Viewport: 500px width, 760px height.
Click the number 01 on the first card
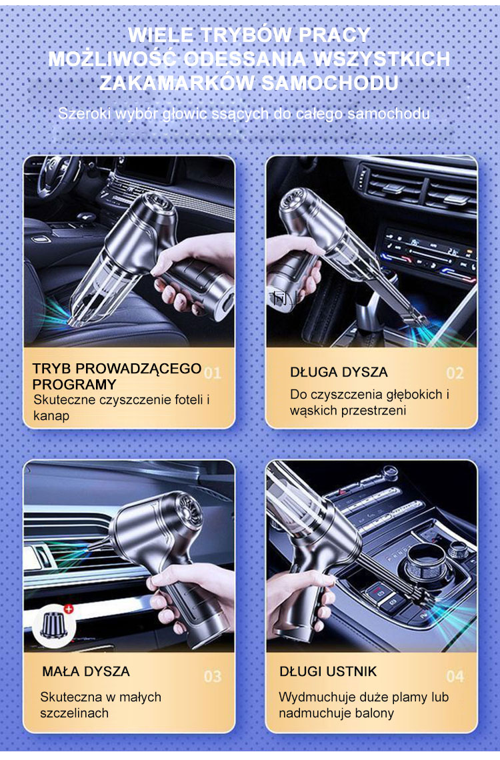pyautogui.click(x=212, y=373)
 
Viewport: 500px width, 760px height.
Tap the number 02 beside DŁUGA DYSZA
pyautogui.click(x=455, y=373)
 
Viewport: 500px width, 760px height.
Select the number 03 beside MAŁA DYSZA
pyautogui.click(x=212, y=676)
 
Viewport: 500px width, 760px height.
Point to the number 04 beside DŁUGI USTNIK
pyautogui.click(x=455, y=676)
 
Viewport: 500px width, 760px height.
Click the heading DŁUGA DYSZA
pyautogui.click(x=339, y=372)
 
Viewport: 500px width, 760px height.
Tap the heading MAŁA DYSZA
pyautogui.click(x=86, y=671)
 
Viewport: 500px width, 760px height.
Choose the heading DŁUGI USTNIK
pyautogui.click(x=328, y=671)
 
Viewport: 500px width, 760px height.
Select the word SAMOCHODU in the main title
pyautogui.click(x=330, y=83)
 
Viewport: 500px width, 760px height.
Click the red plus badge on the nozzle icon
pyautogui.click(x=69, y=609)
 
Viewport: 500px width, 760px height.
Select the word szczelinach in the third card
pyautogui.click(x=74, y=713)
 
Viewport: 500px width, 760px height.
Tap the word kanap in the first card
pyautogui.click(x=51, y=416)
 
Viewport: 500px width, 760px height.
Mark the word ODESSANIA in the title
pyautogui.click(x=245, y=59)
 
